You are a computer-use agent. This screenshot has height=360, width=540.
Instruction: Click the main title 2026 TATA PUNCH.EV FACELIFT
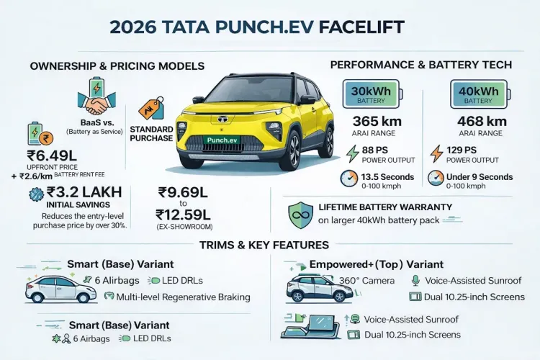(x=257, y=27)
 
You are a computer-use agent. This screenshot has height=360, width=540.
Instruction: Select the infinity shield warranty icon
(x=299, y=213)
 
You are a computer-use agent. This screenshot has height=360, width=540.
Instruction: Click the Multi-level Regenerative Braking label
(x=184, y=296)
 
